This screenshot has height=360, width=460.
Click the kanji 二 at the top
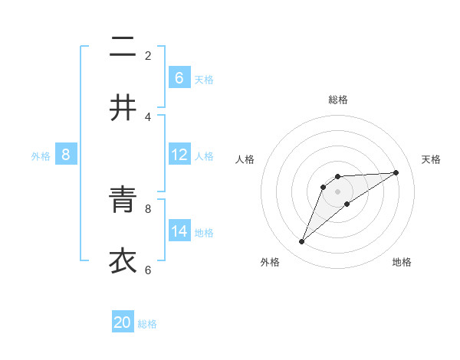pyautogui.click(x=123, y=47)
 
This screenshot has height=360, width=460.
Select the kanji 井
pyautogui.click(x=123, y=108)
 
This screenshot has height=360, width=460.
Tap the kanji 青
pyautogui.click(x=123, y=201)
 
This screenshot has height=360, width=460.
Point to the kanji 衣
pyautogui.click(x=123, y=261)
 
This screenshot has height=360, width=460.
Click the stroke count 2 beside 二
pyautogui.click(x=148, y=55)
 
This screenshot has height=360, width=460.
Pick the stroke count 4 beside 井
pyautogui.click(x=148, y=116)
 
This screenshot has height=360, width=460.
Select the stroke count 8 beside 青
pyautogui.click(x=148, y=208)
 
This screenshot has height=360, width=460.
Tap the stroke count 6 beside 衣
pyautogui.click(x=148, y=270)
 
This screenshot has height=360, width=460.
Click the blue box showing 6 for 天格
pyautogui.click(x=179, y=78)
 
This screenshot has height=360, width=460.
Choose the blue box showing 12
pyautogui.click(x=179, y=155)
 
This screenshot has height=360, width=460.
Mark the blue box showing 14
pyautogui.click(x=179, y=231)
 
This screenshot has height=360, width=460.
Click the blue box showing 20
pyautogui.click(x=123, y=323)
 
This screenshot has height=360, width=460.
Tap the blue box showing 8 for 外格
pyautogui.click(x=66, y=155)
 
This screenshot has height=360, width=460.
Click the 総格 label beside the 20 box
pyautogui.click(x=147, y=324)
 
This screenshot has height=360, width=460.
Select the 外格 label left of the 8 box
pyautogui.click(x=41, y=156)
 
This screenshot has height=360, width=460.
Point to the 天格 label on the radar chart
pyautogui.click(x=432, y=159)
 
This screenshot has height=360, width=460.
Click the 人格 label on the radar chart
pyautogui.click(x=245, y=159)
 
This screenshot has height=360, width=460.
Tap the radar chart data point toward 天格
pyautogui.click(x=396, y=172)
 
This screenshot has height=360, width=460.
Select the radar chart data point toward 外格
pyautogui.click(x=302, y=242)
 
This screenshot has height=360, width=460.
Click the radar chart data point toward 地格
pyautogui.click(x=347, y=204)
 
